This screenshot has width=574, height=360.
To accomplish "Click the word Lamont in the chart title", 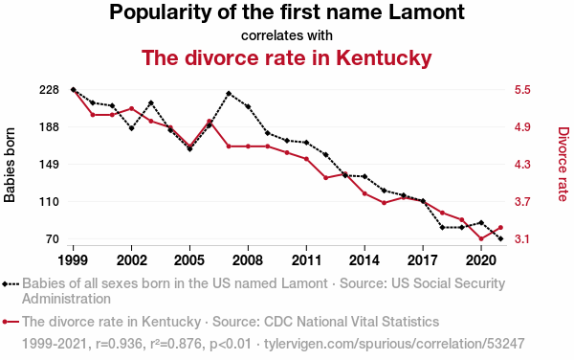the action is [x=426, y=12].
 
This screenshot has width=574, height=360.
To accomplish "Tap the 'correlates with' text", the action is [x=287, y=35].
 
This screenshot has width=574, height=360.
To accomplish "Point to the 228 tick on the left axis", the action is [x=49, y=90].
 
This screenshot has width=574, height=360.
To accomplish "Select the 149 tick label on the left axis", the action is [x=49, y=165].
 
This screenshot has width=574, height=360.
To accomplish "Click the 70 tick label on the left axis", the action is [x=53, y=239].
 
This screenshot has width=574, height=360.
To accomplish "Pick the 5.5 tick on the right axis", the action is [x=522, y=90].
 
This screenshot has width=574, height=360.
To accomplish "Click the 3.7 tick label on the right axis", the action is [x=522, y=202].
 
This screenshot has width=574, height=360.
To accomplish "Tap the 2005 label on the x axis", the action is [x=189, y=260].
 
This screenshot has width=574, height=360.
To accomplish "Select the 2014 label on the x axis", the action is [x=364, y=260].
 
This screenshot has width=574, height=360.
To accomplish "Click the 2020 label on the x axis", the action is [x=481, y=260].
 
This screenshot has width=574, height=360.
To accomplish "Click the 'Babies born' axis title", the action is [x=10, y=165].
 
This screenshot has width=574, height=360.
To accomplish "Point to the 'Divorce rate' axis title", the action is [x=563, y=164].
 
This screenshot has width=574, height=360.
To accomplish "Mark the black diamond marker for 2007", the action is [x=229, y=94].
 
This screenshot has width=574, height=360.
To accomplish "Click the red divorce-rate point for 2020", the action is [x=481, y=238].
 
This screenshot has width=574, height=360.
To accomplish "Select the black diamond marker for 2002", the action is [x=131, y=128].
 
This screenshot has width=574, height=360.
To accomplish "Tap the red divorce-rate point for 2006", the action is [x=209, y=121].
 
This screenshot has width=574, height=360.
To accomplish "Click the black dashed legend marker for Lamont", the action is [x=11, y=283].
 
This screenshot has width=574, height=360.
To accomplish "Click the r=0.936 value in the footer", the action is [x=119, y=344].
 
